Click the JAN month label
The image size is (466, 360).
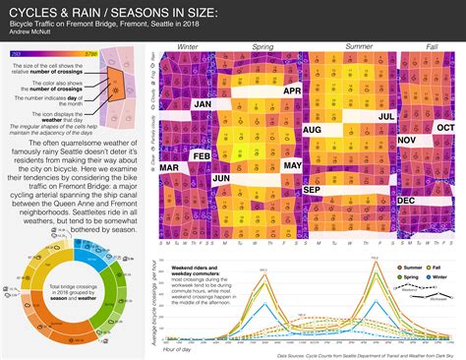204,103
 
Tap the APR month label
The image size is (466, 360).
291,91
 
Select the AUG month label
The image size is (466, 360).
314,129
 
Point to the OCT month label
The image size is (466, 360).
445,127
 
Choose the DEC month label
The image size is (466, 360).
405,201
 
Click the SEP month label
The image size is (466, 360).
312,190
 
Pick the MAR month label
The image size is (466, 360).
169,168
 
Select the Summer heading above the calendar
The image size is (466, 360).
359,47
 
